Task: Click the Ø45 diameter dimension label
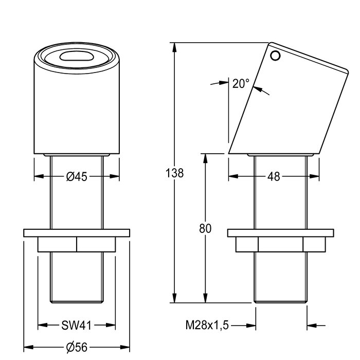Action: pos(76,176)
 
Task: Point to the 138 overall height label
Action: pos(176,173)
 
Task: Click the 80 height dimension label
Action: pos(205,230)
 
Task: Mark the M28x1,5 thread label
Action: pos(207,325)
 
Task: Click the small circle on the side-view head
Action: pos(277,56)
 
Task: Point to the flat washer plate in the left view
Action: pos(77,232)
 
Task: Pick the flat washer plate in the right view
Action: pos(280,232)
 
